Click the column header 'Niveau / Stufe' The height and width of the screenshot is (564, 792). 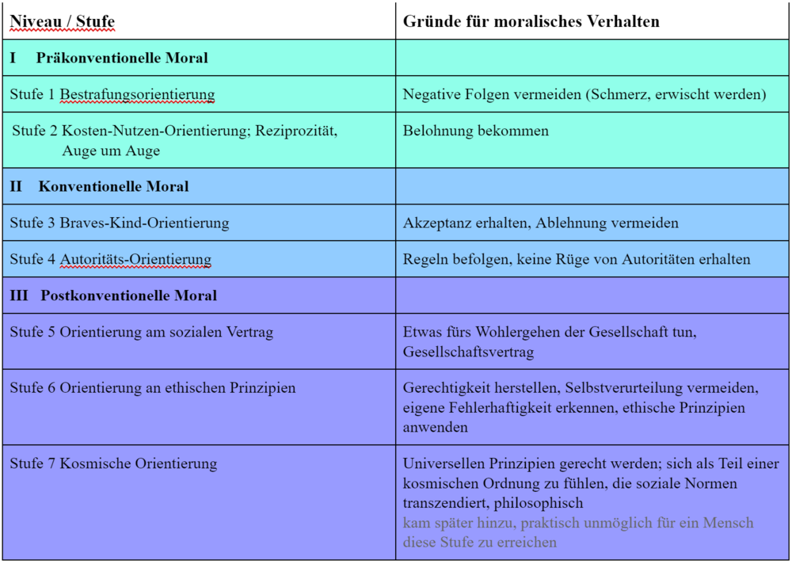pyautogui.click(x=62, y=21)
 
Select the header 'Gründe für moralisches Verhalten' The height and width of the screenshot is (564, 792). pyautogui.click(x=531, y=21)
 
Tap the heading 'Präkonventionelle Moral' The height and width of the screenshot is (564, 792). pyautogui.click(x=122, y=58)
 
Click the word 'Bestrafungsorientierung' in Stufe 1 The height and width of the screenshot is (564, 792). pyautogui.click(x=137, y=94)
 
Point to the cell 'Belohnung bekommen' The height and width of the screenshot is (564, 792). pyautogui.click(x=475, y=131)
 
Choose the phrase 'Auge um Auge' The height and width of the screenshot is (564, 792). pyautogui.click(x=111, y=151)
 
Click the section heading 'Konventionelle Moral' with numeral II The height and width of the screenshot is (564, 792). pyautogui.click(x=113, y=187)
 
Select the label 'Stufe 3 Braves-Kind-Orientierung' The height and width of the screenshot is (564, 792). pyautogui.click(x=120, y=223)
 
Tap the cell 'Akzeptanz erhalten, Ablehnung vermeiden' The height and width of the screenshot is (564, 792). pyautogui.click(x=540, y=223)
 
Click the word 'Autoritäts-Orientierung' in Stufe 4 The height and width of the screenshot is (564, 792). pyautogui.click(x=135, y=259)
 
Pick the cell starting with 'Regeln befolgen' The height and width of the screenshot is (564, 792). pyautogui.click(x=577, y=259)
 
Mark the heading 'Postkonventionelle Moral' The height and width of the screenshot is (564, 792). pyautogui.click(x=128, y=295)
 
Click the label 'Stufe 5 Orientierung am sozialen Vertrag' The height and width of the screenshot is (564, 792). pyautogui.click(x=142, y=332)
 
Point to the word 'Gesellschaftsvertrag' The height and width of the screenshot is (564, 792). pyautogui.click(x=468, y=351)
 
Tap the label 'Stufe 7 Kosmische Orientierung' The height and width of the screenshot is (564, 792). pyautogui.click(x=113, y=463)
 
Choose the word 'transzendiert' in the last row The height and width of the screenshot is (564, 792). pyautogui.click(x=444, y=503)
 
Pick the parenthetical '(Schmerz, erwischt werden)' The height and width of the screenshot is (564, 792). pyautogui.click(x=676, y=94)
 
